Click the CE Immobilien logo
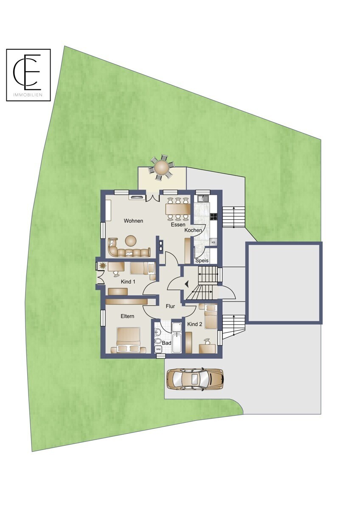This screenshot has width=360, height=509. tap(28, 75)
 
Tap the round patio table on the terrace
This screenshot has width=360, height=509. tap(161, 168)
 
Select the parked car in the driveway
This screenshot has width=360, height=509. tap(195, 379)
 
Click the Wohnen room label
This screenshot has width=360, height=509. tap(133, 221)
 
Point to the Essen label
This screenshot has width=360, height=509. tap(178, 225)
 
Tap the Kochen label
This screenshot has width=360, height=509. tap(193, 230)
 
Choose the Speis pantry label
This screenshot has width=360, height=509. tap(202, 260)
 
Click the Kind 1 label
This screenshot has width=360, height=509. tap(128, 282)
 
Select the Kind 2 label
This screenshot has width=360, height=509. tap(195, 324)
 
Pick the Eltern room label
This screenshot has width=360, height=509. tap(127, 316)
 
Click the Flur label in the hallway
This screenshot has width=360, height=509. tap(170, 305)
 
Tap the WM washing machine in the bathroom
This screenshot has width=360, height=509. tap(158, 349)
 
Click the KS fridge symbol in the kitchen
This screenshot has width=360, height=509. tap(213, 242)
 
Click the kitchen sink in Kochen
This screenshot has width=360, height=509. tap(202, 198)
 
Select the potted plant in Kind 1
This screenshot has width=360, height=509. tap(103, 266)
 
